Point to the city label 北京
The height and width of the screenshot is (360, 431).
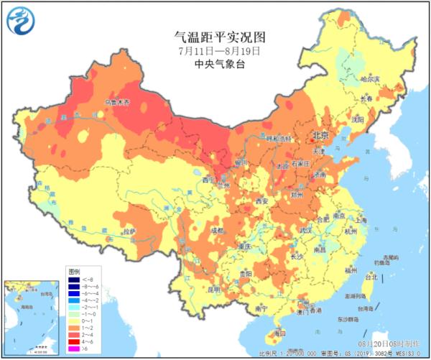click(320, 136)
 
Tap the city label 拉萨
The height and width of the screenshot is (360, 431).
click(129, 231)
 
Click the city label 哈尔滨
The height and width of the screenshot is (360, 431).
click(369, 78)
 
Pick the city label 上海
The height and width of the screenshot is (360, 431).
click(361, 221)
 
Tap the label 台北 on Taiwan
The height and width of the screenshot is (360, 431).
click(371, 276)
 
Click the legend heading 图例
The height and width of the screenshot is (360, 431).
click(74, 273)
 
